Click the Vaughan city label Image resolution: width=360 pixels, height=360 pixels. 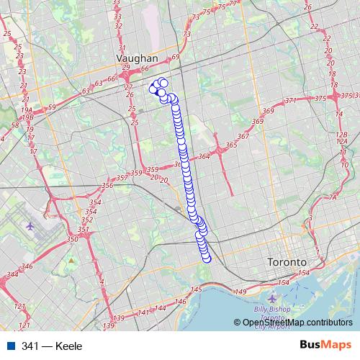point(137,58)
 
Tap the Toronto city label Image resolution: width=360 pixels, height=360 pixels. point(287,263)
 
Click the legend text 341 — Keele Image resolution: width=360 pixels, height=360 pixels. point(52,346)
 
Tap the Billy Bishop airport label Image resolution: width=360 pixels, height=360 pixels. point(271,310)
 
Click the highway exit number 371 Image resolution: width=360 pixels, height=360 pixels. point(291,100)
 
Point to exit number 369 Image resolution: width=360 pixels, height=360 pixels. point(268,111)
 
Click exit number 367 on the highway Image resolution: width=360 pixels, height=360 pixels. point(243,136)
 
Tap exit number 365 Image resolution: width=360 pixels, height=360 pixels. point(231,145)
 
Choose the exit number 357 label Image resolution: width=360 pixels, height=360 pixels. point(122,177)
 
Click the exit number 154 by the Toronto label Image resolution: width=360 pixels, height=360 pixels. point(302,274)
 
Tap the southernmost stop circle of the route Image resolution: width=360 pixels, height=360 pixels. point(207,258)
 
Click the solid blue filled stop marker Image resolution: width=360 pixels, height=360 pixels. point(159,91)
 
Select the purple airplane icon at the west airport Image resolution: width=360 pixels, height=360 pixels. point(30,226)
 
